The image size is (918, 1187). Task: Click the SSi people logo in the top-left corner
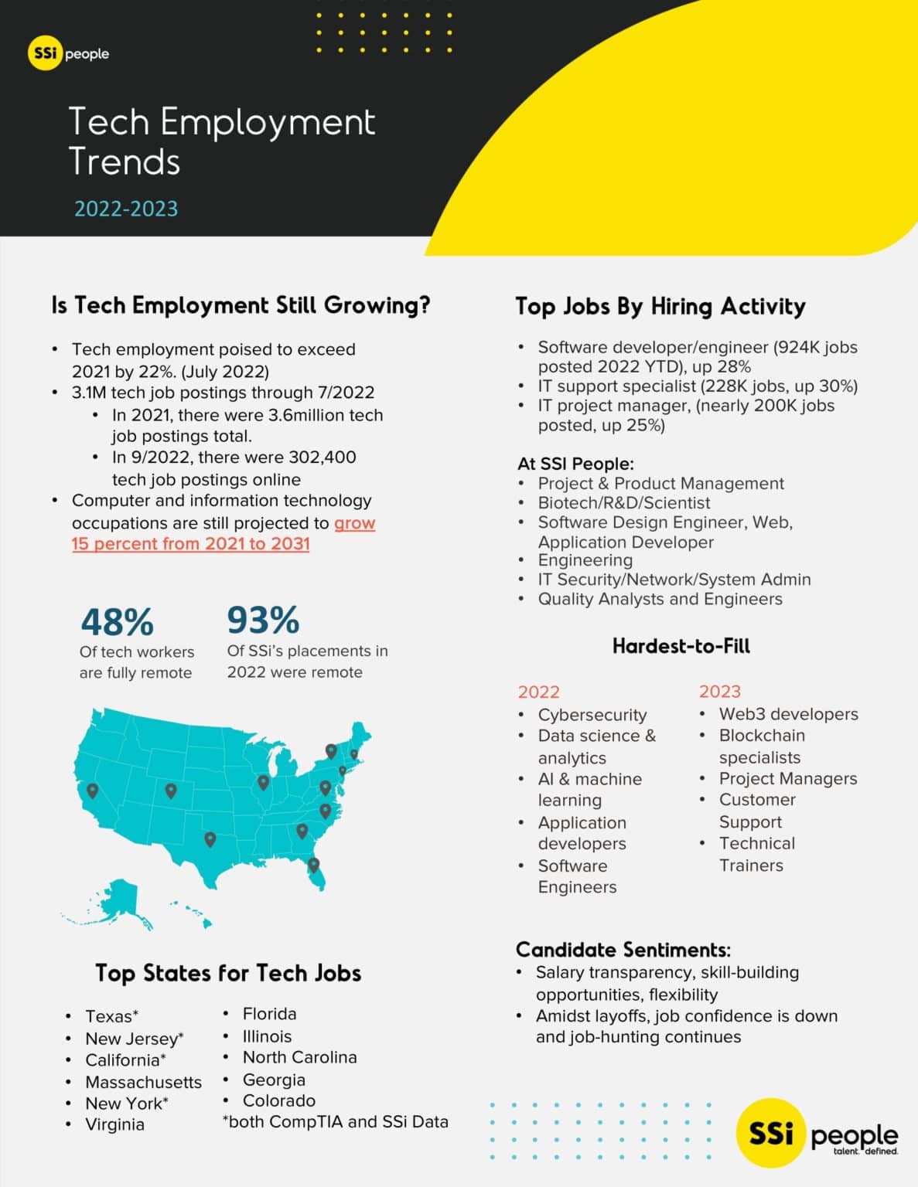[x=68, y=54]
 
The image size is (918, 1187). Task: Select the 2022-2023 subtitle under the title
[x=126, y=209]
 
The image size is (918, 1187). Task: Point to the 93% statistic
[x=263, y=620]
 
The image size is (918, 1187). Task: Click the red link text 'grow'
[x=354, y=523]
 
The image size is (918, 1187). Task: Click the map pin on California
[x=93, y=791]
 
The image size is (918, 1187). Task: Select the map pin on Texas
[x=210, y=838]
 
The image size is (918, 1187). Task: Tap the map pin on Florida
[x=313, y=864]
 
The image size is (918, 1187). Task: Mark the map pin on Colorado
[x=171, y=791]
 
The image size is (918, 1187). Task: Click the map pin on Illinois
[x=263, y=782]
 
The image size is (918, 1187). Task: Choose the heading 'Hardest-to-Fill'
[x=681, y=646]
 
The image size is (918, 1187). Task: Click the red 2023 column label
[x=719, y=692]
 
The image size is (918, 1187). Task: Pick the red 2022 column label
[x=538, y=692]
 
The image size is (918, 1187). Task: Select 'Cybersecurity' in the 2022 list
[x=592, y=715]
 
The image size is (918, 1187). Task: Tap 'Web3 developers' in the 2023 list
[x=788, y=714]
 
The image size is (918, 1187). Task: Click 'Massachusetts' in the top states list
[x=143, y=1082]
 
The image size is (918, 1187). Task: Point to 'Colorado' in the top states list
[x=278, y=1100]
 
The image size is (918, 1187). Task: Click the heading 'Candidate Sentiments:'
[x=623, y=950]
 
